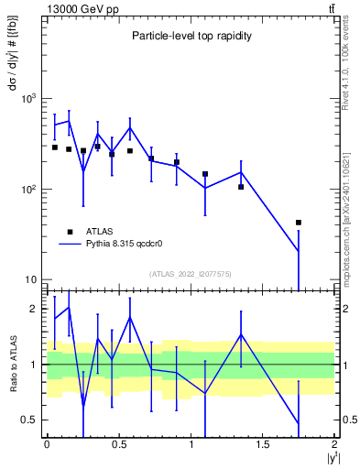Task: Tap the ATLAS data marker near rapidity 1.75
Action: click(299, 223)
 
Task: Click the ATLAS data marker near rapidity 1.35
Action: click(241, 187)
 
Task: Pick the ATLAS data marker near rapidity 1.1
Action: click(205, 173)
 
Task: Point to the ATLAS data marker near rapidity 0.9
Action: click(177, 162)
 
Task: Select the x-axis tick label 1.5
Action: click(263, 444)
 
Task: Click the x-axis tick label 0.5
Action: click(118, 444)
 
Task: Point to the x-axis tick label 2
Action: click(334, 444)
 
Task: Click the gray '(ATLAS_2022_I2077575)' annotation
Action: click(190, 274)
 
